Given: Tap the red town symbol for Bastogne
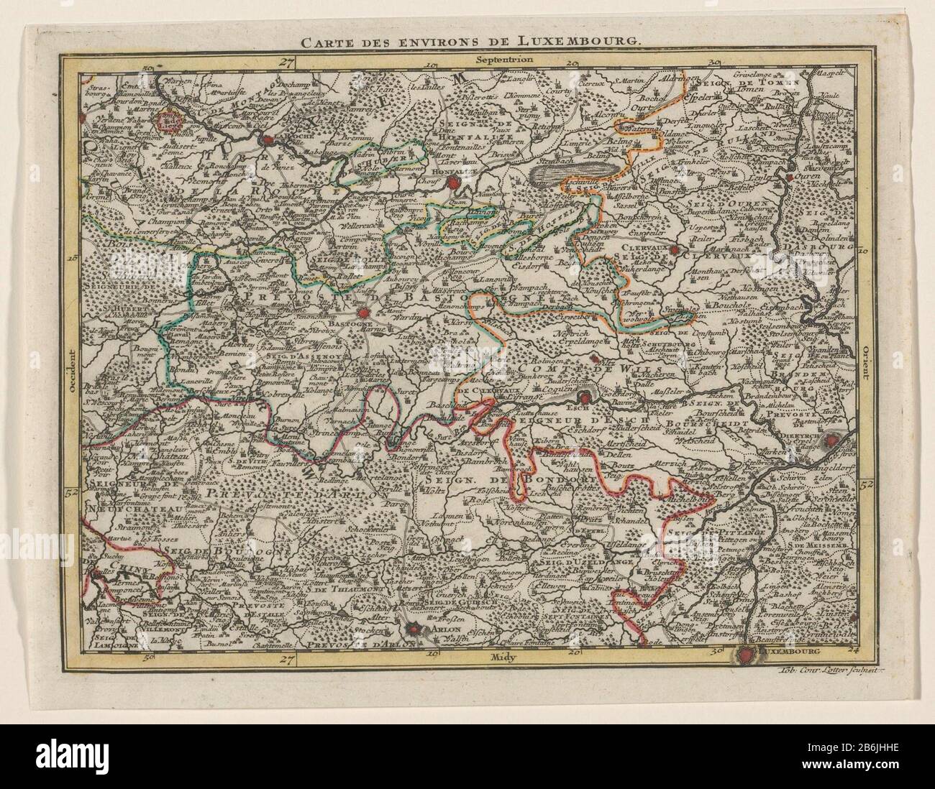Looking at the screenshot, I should pyautogui.click(x=365, y=313).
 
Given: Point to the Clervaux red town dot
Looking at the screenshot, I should pyautogui.click(x=674, y=251).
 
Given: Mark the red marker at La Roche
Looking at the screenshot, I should pyautogui.click(x=268, y=141).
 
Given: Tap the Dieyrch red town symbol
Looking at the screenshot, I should pyautogui.click(x=832, y=440).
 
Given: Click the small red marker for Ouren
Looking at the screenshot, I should pyautogui.click(x=790, y=176).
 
